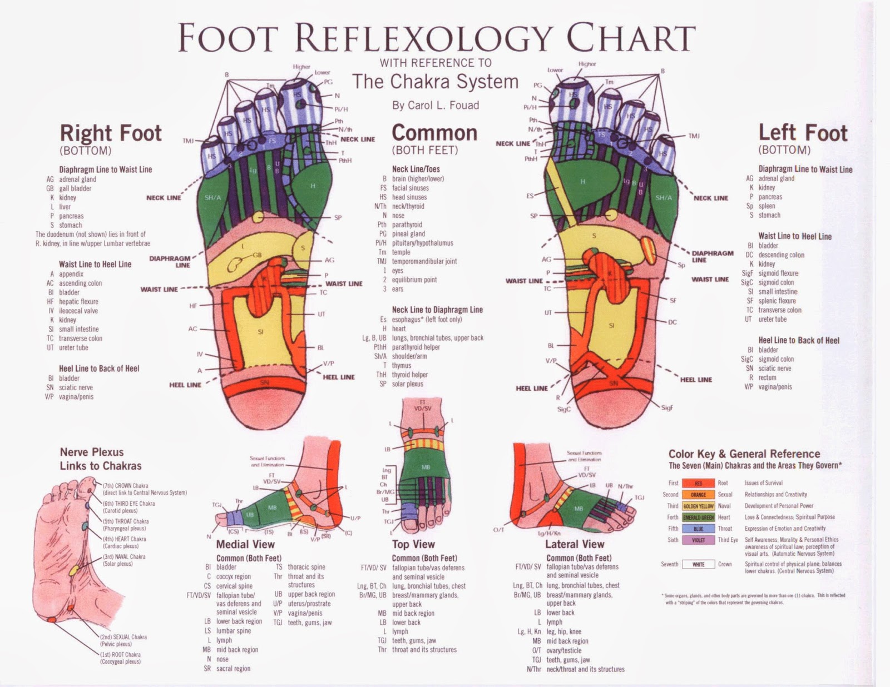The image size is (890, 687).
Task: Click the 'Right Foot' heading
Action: click(111, 133)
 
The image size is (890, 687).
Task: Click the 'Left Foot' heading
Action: click(803, 133)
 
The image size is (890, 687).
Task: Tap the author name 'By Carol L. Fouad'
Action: click(436, 105)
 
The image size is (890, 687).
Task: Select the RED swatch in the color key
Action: click(698, 484)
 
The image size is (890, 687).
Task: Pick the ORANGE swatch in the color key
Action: click(698, 495)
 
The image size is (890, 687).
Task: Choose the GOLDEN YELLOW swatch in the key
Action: click(698, 506)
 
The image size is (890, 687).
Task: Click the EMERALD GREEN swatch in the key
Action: click(698, 517)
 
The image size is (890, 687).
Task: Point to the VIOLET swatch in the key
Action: click(698, 540)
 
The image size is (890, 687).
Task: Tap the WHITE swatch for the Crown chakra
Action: click(698, 565)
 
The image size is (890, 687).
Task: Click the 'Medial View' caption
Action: click(245, 544)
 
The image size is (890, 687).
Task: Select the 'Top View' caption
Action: click(413, 544)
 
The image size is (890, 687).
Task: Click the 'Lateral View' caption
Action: click(575, 544)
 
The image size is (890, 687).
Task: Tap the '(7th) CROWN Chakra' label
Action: click(125, 486)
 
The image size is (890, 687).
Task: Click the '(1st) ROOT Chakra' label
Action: click(120, 655)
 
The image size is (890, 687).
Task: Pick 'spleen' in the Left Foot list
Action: click(767, 206)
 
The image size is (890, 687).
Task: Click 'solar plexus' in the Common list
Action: click(407, 384)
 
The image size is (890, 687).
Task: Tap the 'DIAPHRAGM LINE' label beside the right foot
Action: click(170, 262)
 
